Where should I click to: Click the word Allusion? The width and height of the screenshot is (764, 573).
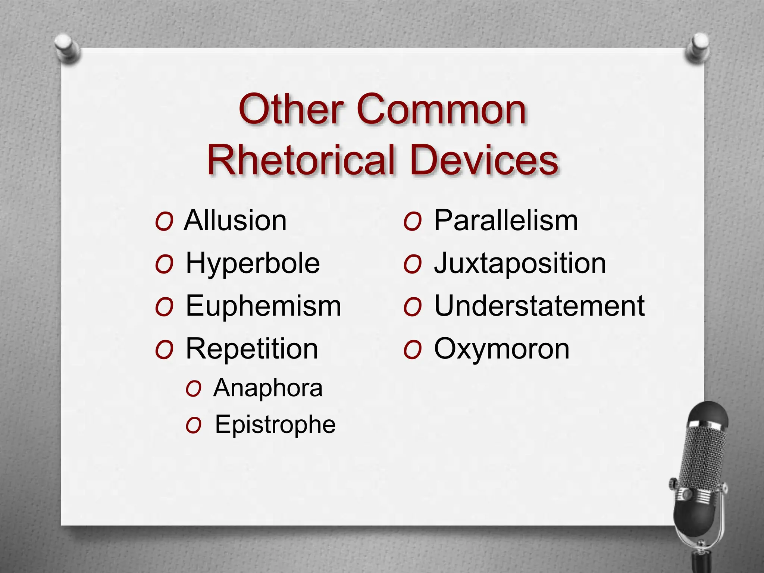tap(235, 220)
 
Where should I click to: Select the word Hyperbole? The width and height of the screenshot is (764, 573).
tap(253, 263)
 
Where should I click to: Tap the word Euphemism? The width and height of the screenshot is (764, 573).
tap(263, 306)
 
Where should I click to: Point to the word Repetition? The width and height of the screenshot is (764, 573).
tap(252, 349)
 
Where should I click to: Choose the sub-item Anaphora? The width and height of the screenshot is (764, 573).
tap(268, 388)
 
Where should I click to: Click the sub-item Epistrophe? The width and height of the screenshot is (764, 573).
tap(275, 425)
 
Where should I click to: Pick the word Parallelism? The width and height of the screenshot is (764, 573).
tap(506, 220)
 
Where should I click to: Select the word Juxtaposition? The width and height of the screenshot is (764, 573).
tap(520, 263)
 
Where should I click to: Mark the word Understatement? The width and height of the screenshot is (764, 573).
tap(539, 306)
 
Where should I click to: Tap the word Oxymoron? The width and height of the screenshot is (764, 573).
tap(502, 349)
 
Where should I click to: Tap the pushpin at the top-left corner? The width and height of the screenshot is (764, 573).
tap(68, 48)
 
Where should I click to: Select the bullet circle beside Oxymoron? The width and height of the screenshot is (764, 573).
tap(412, 350)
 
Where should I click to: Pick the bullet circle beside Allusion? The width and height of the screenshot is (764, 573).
tap(164, 222)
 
